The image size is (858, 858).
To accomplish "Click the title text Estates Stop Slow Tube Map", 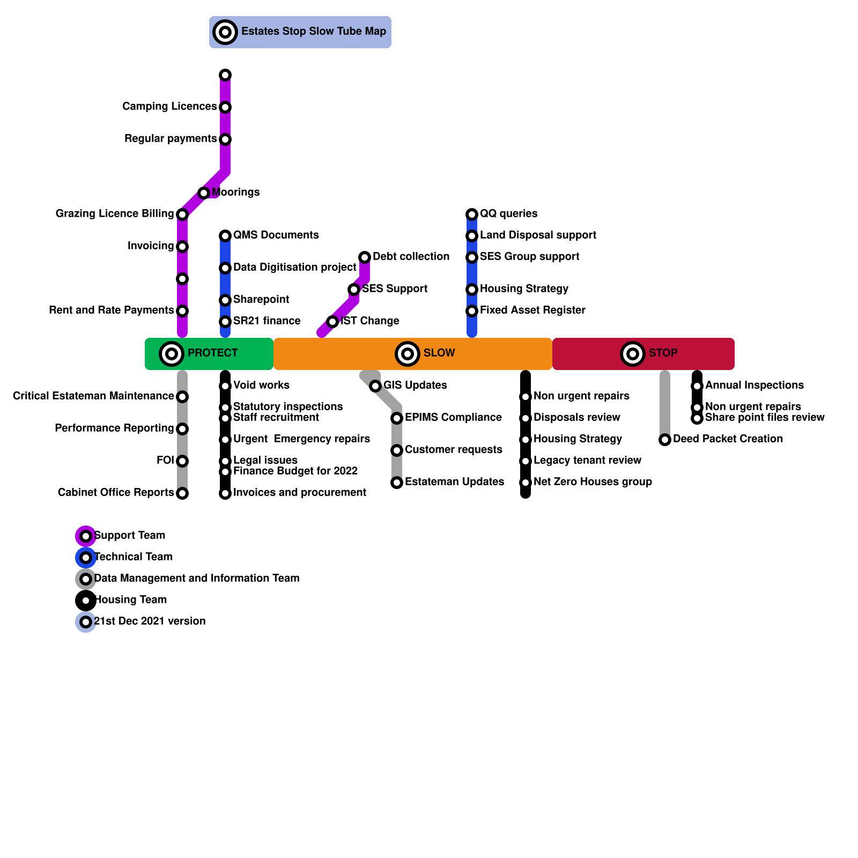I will [313, 32].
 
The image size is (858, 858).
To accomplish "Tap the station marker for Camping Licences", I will [225, 107].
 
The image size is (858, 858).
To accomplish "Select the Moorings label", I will [235, 193].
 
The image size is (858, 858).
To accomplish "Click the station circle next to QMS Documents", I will [225, 236].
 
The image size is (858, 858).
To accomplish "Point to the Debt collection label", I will [411, 257].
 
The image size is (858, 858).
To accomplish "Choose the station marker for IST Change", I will [332, 322].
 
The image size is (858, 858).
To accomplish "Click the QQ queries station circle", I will [472, 214].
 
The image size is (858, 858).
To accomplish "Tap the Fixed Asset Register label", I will [532, 310].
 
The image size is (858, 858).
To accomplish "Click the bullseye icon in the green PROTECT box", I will [172, 354].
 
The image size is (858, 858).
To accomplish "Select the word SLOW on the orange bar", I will [439, 353].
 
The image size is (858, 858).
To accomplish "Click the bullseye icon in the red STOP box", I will [633, 354].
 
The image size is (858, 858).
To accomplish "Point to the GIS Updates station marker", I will [375, 386].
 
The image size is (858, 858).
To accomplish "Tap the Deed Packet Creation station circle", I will [665, 440].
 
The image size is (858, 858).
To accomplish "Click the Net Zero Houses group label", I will [593, 482].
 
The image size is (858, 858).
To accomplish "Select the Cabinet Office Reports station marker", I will [182, 493].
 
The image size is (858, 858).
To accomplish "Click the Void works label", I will [261, 386].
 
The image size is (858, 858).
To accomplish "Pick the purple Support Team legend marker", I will [86, 536].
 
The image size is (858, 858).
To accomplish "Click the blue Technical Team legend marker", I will [86, 558].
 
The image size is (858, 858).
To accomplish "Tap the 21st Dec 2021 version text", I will [150, 622].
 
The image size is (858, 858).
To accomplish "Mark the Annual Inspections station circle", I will [697, 386].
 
